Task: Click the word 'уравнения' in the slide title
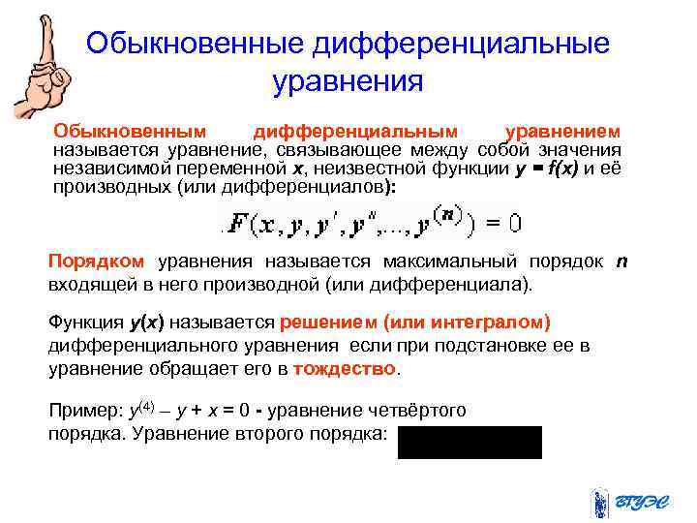click(348, 81)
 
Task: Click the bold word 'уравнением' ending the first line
click(564, 132)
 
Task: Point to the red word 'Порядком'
click(97, 261)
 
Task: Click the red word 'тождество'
click(345, 369)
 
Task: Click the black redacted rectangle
click(470, 441)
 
